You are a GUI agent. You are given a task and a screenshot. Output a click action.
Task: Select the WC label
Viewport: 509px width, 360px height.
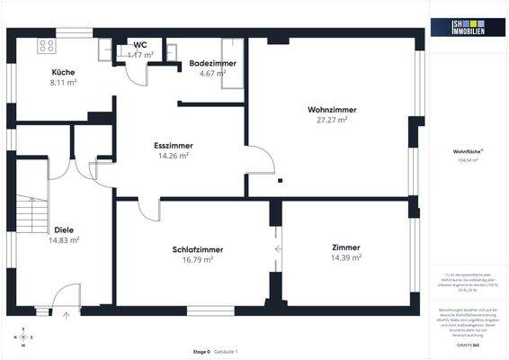(x=140, y=44)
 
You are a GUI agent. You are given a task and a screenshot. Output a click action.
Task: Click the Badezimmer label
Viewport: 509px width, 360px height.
(x=212, y=64)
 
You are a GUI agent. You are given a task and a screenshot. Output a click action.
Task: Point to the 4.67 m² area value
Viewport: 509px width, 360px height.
(x=212, y=74)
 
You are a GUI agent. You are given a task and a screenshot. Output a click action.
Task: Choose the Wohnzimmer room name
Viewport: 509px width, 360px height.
(x=330, y=110)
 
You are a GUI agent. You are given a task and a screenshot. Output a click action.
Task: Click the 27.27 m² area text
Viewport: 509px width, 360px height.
(x=330, y=120)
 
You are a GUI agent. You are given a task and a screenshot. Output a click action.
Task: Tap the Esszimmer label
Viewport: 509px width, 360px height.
(x=173, y=145)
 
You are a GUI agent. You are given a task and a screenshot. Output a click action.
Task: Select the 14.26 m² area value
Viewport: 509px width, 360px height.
(x=173, y=155)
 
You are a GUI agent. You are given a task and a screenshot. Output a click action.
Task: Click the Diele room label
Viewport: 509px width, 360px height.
(x=64, y=229)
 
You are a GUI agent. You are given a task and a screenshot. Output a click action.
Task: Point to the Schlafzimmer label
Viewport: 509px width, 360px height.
(x=198, y=249)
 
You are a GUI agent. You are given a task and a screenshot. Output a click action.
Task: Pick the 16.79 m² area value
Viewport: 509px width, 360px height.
(x=198, y=259)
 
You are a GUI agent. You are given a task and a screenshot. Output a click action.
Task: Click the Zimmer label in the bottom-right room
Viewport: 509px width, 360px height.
(x=345, y=247)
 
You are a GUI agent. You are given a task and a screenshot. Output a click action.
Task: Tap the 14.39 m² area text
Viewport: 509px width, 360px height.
(x=345, y=257)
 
